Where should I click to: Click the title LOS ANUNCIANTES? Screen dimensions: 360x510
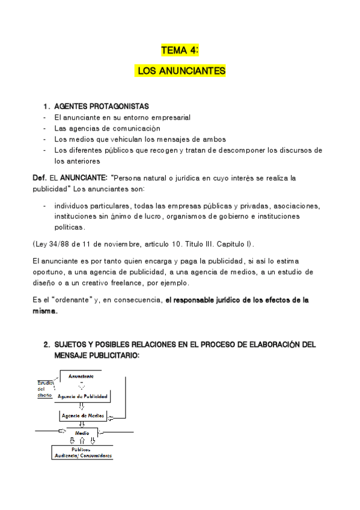click(x=182, y=71)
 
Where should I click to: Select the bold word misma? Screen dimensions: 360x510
click(x=44, y=311)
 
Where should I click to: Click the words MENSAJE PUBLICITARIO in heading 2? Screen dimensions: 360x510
click(x=97, y=355)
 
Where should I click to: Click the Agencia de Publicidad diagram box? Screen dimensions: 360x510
click(x=83, y=396)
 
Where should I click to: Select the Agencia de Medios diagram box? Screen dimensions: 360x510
click(x=83, y=416)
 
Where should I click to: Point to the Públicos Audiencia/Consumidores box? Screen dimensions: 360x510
click(x=82, y=452)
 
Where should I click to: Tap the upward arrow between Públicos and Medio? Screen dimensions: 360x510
click(x=82, y=441)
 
